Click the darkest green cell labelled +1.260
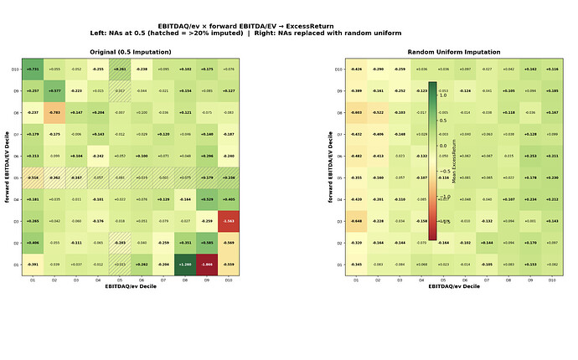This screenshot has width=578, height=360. (x=184, y=265)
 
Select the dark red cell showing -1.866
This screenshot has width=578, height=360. (x=206, y=265)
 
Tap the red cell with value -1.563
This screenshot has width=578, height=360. (x=228, y=221)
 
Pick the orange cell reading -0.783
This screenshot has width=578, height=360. (x=54, y=112)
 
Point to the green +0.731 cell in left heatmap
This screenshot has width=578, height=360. (x=33, y=69)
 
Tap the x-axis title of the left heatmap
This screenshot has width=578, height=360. (x=130, y=286)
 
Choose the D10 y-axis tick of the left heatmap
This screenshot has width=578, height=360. (x=14, y=69)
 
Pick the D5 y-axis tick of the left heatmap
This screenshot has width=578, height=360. (x=14, y=177)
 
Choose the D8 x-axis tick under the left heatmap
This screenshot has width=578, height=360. (x=184, y=279)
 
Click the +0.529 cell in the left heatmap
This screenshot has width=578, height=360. (x=206, y=199)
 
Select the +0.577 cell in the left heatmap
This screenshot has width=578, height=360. (x=54, y=90)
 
